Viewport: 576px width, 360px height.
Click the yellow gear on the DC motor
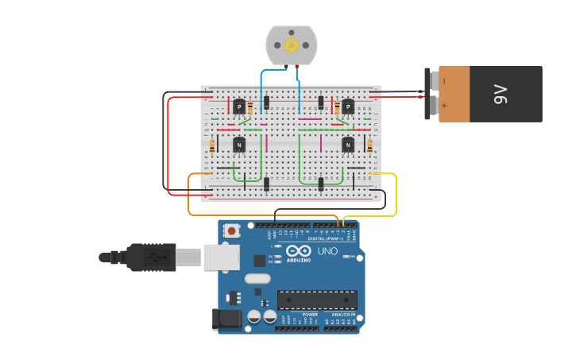[x=291, y=45]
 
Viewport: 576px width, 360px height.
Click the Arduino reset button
[x=231, y=231]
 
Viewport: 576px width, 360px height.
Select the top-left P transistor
[x=239, y=106]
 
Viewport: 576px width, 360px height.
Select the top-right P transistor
[x=347, y=106]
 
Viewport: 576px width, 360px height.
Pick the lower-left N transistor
[x=239, y=145]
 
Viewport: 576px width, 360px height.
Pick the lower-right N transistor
[x=348, y=145]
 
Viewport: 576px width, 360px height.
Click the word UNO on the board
[x=327, y=251]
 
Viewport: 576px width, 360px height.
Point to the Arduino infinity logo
[x=299, y=250]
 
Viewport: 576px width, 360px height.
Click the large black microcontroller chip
[x=316, y=300]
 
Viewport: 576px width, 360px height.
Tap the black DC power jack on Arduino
[x=226, y=319]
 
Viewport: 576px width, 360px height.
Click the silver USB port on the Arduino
[x=222, y=257]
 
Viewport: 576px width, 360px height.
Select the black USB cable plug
[x=151, y=257]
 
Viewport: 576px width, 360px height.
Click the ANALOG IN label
[x=343, y=315]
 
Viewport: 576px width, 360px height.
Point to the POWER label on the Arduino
[x=310, y=315]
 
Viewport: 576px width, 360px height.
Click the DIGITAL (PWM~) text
[x=327, y=238]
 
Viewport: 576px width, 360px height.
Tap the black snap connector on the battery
[x=433, y=94]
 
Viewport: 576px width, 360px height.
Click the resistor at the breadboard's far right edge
[x=369, y=145]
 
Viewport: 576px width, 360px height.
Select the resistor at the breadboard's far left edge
[x=212, y=145]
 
